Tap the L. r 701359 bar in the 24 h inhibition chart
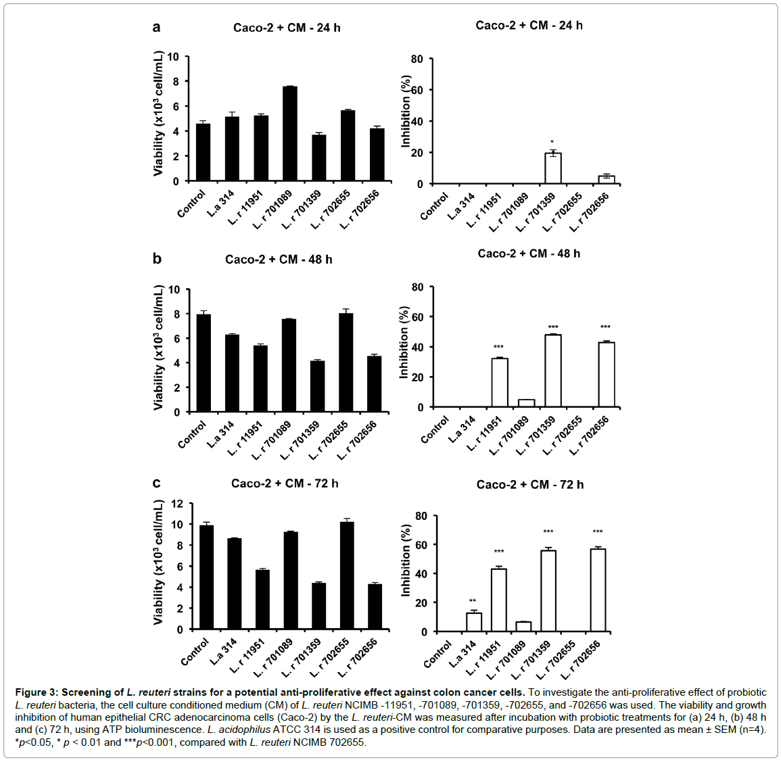pyautogui.click(x=553, y=168)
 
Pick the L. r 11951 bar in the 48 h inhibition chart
pyautogui.click(x=500, y=383)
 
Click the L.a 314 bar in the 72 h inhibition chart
pyautogui.click(x=474, y=622)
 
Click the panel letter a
pyautogui.click(x=156, y=27)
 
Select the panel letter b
pyautogui.click(x=157, y=259)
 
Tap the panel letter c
pyautogui.click(x=156, y=483)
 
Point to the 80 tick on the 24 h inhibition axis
pyautogui.click(x=417, y=59)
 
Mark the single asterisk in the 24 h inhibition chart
pyautogui.click(x=552, y=143)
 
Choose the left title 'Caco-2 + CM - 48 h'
pyautogui.click(x=279, y=260)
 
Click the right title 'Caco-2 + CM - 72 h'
pyautogui.click(x=529, y=484)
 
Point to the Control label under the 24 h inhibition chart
pyautogui.click(x=434, y=206)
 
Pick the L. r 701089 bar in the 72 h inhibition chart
pyautogui.click(x=524, y=627)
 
